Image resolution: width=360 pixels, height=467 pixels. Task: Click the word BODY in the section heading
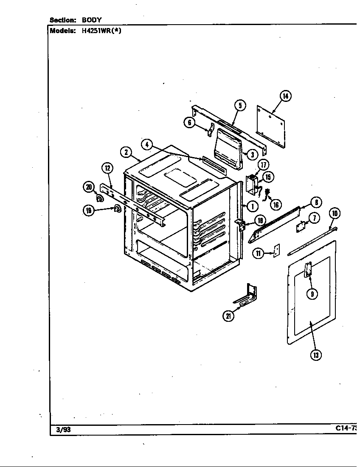(91, 20)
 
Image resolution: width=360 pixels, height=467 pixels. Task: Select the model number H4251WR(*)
(101, 31)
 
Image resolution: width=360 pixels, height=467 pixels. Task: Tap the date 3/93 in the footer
(63, 430)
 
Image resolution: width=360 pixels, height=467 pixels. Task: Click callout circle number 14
(285, 96)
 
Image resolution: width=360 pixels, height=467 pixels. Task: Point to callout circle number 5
(240, 105)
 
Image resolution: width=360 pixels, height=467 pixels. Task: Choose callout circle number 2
(126, 152)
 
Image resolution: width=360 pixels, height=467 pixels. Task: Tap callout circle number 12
(107, 168)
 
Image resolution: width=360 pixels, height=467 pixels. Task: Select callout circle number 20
(89, 187)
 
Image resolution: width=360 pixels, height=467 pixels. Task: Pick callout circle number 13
(315, 355)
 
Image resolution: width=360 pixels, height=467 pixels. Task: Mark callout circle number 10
(335, 214)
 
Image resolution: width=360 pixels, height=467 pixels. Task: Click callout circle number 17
(263, 165)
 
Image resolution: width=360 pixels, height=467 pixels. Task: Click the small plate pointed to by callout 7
(301, 226)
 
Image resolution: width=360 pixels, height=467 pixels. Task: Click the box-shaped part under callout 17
(252, 183)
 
